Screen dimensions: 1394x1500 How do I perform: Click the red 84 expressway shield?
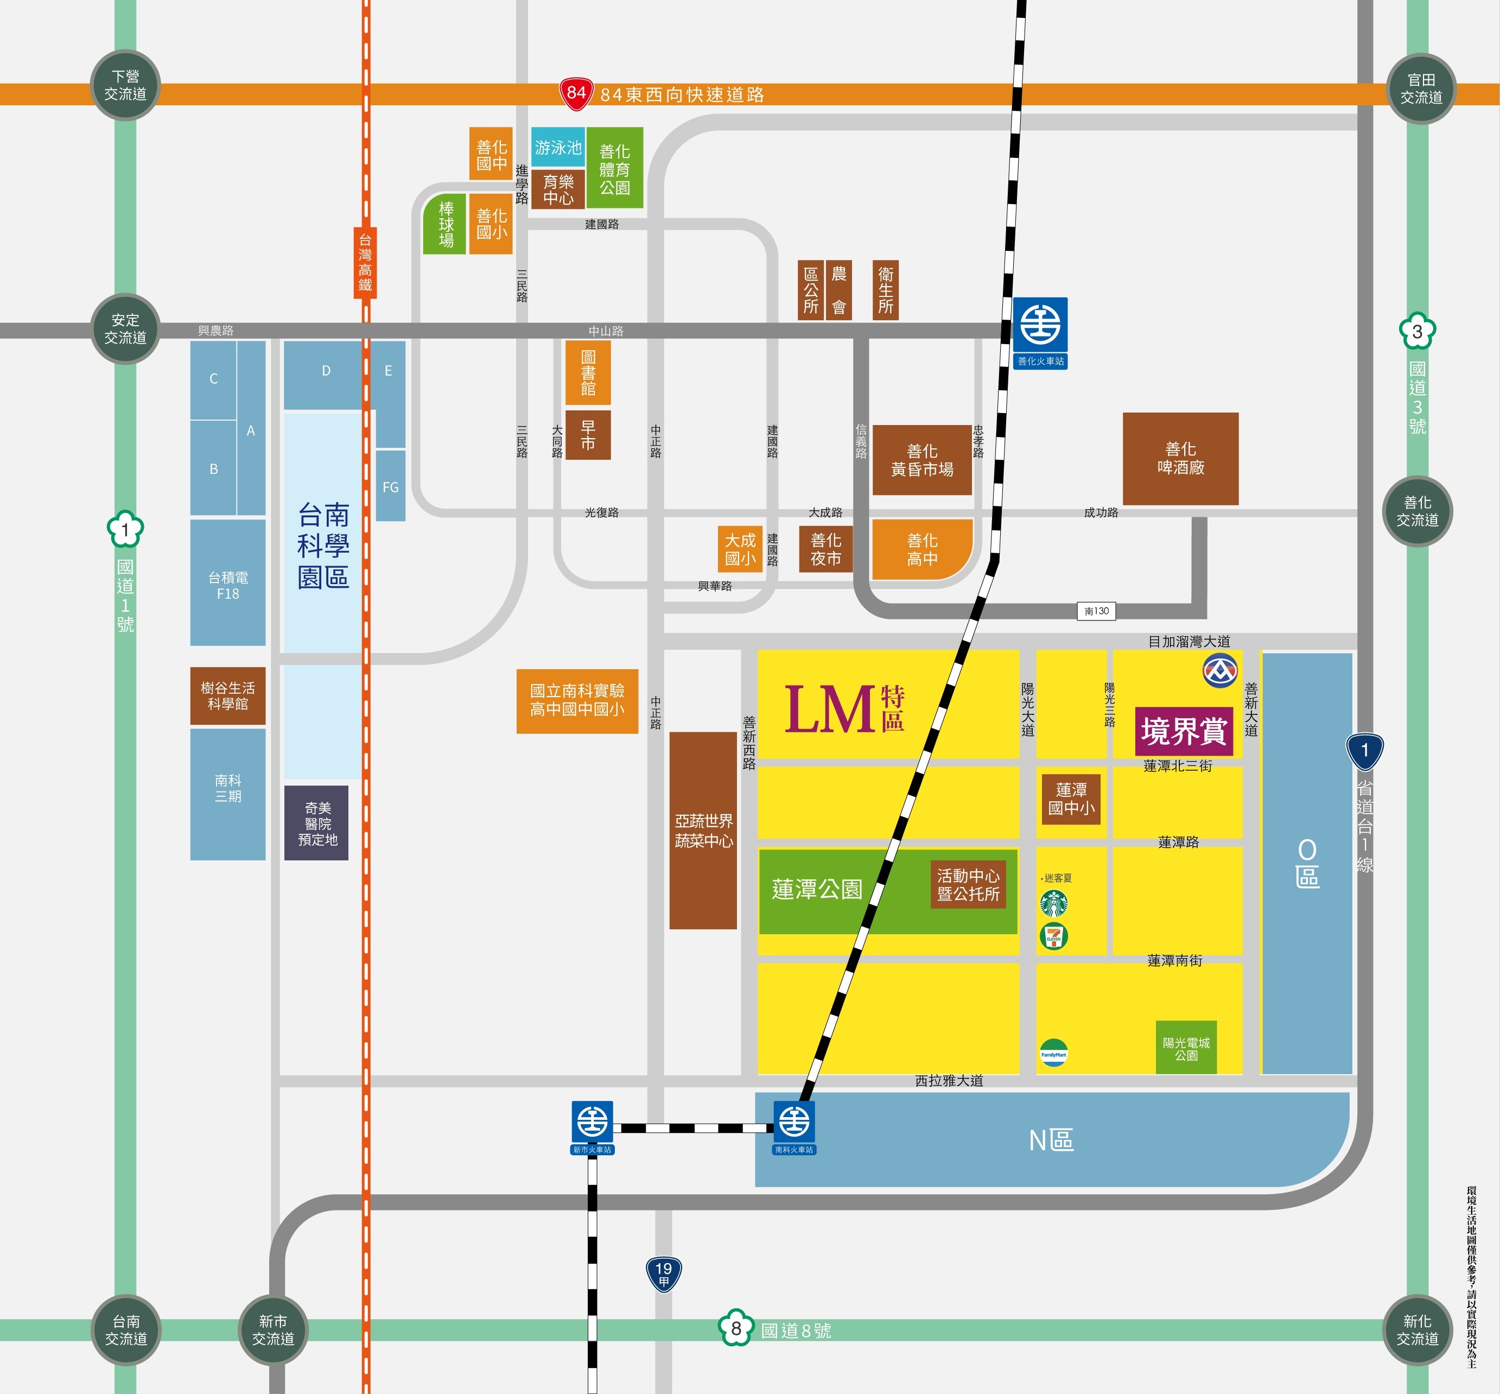(576, 93)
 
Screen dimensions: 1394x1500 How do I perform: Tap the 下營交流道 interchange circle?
(125, 85)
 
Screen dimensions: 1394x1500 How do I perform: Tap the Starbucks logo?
(1053, 903)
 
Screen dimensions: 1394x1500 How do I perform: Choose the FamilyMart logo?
(1053, 1054)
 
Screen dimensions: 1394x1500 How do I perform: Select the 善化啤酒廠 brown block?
(1180, 459)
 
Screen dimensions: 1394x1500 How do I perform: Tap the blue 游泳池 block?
(558, 147)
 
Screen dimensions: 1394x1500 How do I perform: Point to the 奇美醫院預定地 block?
(317, 823)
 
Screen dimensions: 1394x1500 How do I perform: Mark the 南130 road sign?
(1096, 611)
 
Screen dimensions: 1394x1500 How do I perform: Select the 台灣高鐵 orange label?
(366, 263)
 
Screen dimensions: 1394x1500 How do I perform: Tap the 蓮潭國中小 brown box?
(1071, 799)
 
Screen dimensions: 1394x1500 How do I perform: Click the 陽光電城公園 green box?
(1186, 1048)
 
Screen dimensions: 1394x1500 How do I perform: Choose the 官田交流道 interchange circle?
(1421, 89)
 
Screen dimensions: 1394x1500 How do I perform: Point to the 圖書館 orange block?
(588, 372)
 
